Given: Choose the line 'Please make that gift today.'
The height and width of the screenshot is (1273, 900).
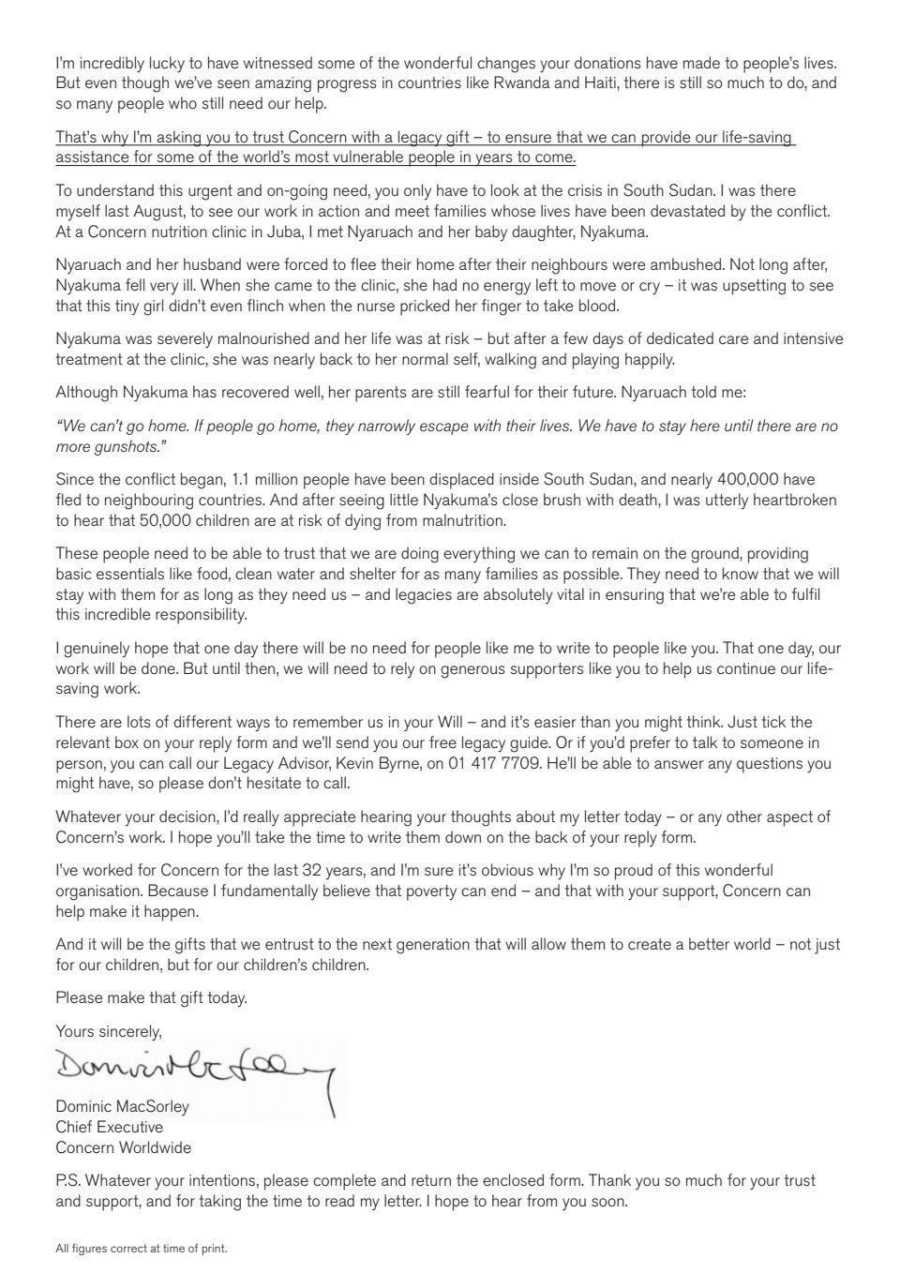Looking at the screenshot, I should coord(151,997).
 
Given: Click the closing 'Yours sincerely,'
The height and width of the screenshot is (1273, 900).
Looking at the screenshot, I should coord(109,1031).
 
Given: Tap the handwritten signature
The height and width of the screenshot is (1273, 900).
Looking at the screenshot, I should coord(197,1068).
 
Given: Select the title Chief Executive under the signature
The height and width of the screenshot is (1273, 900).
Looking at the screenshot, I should coord(109,1127).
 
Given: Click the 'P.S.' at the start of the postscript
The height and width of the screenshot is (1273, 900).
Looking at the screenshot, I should coord(70,1180).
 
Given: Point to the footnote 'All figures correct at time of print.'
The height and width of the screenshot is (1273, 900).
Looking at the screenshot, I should coord(142,1249).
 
